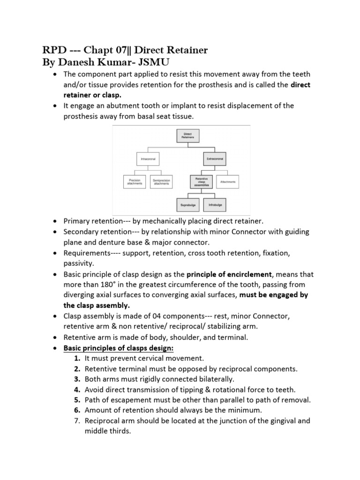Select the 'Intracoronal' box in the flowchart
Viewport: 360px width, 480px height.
(x=148, y=159)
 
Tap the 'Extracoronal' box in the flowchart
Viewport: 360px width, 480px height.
(x=215, y=159)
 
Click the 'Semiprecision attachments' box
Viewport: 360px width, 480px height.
(x=161, y=181)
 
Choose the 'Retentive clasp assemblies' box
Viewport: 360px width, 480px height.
(x=201, y=182)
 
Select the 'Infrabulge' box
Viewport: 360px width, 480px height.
(x=215, y=205)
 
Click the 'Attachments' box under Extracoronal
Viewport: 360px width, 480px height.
(x=228, y=181)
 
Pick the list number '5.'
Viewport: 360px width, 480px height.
(x=77, y=400)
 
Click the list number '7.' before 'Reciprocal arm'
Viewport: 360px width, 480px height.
(x=77, y=421)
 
